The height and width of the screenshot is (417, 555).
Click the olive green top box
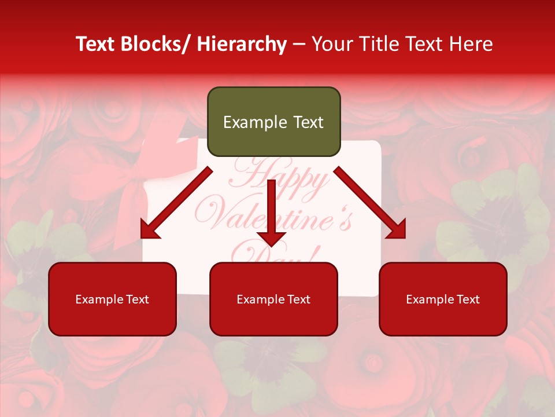click(273, 122)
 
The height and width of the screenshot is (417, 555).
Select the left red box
click(112, 299)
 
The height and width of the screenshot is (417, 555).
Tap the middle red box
click(273, 299)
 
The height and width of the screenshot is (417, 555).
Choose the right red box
click(443, 299)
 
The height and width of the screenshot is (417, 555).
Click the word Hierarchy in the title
click(241, 44)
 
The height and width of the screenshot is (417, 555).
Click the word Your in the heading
click(331, 44)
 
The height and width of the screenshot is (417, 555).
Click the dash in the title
click(299, 44)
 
